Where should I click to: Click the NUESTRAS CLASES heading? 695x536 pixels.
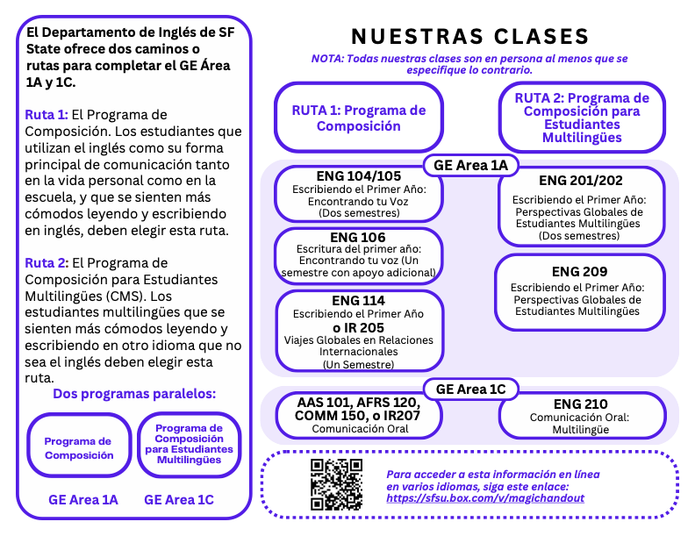[x=469, y=36]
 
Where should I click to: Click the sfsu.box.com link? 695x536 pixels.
[x=485, y=498]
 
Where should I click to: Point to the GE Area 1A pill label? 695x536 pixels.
[x=471, y=164]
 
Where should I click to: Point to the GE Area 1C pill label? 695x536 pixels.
[x=471, y=389]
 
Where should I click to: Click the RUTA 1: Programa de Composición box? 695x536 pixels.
[x=358, y=118]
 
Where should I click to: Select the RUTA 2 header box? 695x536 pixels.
[x=581, y=118]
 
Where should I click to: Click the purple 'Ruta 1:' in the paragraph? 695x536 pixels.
[x=46, y=115]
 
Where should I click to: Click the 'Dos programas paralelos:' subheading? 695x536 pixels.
[x=134, y=394]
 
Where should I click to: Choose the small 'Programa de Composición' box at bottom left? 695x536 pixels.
[x=79, y=448]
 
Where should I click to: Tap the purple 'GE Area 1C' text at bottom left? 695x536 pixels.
[x=179, y=500]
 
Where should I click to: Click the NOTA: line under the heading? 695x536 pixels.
[x=469, y=63]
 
